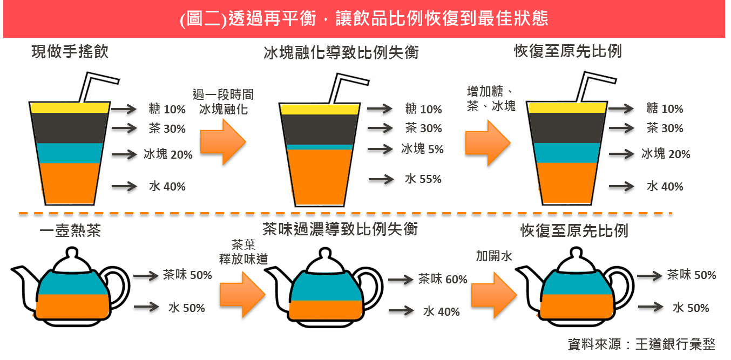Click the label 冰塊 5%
click(x=422, y=149)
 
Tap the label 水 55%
click(x=423, y=179)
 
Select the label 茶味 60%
click(x=442, y=279)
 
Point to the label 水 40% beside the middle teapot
click(x=441, y=311)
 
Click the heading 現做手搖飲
click(x=70, y=52)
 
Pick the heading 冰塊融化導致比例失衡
click(x=341, y=53)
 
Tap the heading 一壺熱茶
click(x=70, y=231)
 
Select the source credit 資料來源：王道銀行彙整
click(x=641, y=344)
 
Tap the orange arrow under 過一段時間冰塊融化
click(x=223, y=142)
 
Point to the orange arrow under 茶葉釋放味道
click(x=242, y=295)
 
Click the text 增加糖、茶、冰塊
click(x=491, y=98)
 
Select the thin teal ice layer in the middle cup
click(x=319, y=147)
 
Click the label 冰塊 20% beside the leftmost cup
click(x=168, y=154)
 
